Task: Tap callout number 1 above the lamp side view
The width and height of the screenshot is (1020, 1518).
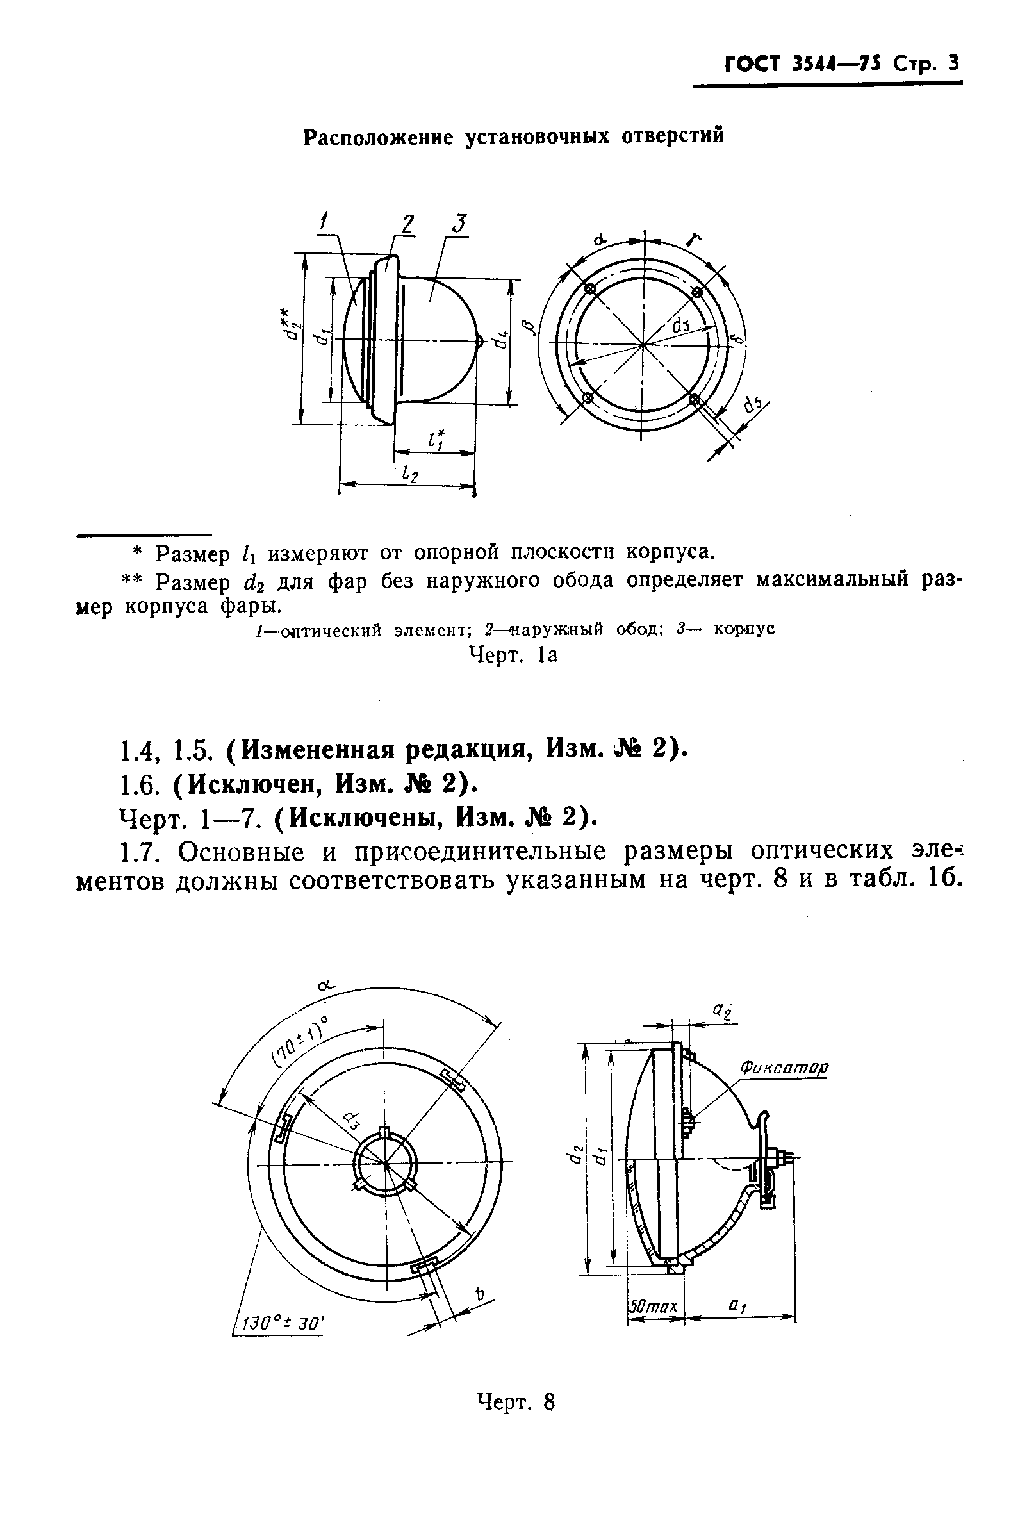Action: point(323,223)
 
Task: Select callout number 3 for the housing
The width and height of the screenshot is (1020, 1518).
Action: point(459,223)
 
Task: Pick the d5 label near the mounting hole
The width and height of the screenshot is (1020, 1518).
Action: point(753,405)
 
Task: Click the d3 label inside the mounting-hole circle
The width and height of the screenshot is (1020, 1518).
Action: point(680,323)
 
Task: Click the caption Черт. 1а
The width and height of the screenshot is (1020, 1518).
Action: point(513,655)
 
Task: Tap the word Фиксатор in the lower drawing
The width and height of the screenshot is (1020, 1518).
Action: point(784,1068)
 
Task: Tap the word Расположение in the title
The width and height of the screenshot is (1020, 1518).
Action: point(377,136)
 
